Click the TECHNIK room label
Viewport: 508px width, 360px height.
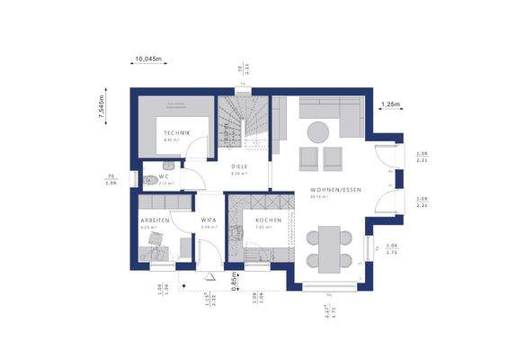point(177,133)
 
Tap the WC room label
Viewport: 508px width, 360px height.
point(165,177)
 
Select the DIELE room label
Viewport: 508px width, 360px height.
point(239,167)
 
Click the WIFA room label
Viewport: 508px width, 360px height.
point(208,220)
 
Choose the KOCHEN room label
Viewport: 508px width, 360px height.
point(268,220)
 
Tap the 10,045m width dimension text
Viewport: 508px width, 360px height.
point(147,59)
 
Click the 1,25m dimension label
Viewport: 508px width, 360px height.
point(390,104)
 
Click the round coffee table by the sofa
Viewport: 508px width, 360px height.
point(317,132)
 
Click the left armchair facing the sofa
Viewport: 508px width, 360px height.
point(307,158)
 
